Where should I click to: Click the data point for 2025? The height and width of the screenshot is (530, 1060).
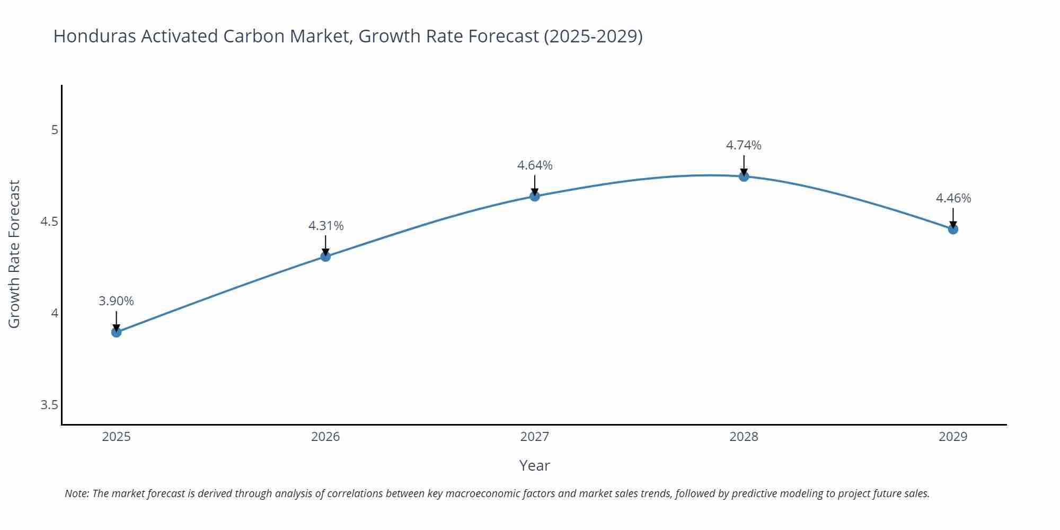[117, 332]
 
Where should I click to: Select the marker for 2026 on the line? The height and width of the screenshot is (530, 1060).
[325, 257]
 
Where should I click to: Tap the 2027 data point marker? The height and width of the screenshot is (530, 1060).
[535, 196]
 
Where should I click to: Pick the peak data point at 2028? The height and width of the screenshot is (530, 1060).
[744, 176]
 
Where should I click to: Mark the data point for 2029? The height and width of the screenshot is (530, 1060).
[953, 229]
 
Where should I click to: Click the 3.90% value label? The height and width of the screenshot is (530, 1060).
[116, 301]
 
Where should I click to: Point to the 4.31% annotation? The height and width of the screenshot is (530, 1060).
[326, 226]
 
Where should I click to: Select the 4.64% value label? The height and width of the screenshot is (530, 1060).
[535, 165]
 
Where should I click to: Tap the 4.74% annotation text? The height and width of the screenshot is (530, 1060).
[744, 145]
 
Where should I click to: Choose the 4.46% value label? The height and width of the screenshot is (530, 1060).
[953, 198]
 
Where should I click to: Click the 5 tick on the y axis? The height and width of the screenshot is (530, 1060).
[55, 130]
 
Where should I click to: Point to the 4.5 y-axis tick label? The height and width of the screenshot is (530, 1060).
[49, 222]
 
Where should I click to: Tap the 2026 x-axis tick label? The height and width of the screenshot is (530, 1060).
[325, 437]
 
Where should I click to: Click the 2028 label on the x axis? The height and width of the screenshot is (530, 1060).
[744, 437]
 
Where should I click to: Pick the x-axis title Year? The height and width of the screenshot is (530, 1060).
[534, 465]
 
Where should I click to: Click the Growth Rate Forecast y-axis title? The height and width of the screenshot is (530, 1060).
[14, 254]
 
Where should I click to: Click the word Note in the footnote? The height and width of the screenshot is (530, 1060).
[76, 493]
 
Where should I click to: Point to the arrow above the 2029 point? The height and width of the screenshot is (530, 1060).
[953, 217]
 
